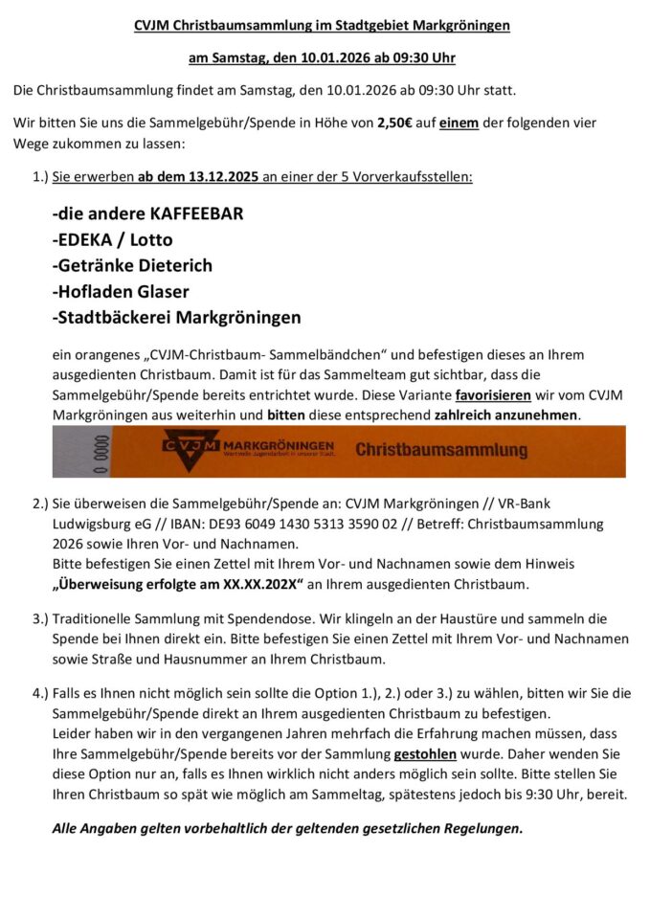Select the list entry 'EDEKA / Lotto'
coord(112,239)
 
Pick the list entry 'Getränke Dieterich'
coord(132,265)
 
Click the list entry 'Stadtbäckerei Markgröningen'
coord(176,317)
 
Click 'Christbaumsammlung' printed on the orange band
coord(441,449)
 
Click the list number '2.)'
coord(40,504)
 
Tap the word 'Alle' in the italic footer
coord(67,828)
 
